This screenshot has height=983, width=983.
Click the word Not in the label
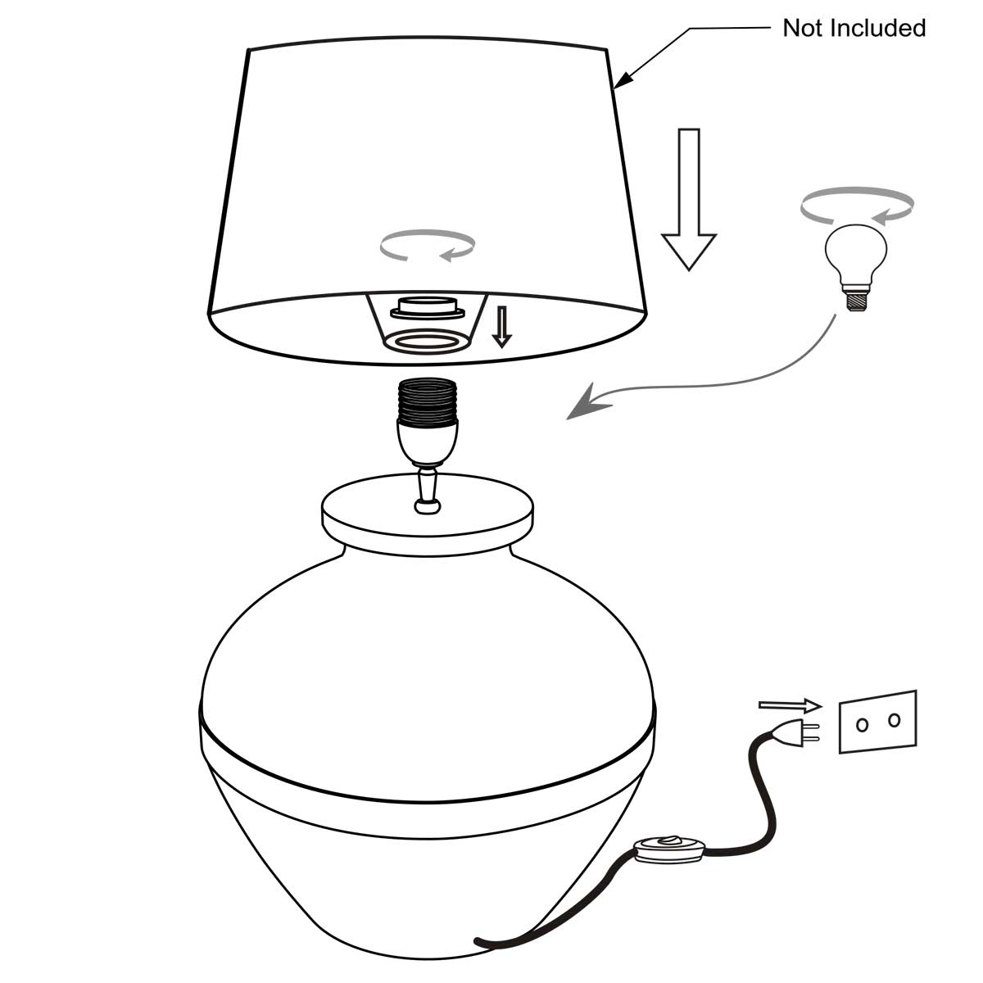[803, 29]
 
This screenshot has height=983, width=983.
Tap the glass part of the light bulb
[856, 254]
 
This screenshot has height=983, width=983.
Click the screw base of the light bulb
[857, 301]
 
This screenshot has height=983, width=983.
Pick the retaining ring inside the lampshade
[428, 309]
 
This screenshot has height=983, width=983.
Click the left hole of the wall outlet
[862, 725]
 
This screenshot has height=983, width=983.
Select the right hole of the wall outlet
[894, 720]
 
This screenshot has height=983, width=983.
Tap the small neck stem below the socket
[427, 491]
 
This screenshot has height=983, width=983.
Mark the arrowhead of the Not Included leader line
[623, 79]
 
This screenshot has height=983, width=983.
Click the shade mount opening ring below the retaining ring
[428, 341]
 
